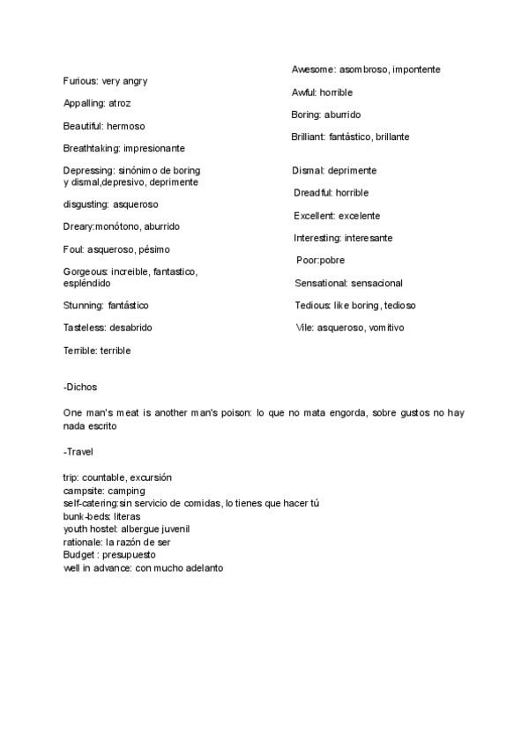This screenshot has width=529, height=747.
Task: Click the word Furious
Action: click(x=80, y=81)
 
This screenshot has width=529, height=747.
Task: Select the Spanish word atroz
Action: click(x=120, y=103)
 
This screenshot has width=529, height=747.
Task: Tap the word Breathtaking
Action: click(x=92, y=148)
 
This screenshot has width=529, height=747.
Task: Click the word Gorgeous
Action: click(x=86, y=272)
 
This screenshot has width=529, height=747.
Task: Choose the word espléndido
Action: click(x=87, y=284)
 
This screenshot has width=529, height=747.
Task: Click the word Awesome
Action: click(x=313, y=69)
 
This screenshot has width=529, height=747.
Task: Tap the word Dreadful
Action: click(x=314, y=193)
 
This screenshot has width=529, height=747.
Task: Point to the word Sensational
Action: click(x=321, y=283)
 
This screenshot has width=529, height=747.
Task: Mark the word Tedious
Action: click(x=313, y=306)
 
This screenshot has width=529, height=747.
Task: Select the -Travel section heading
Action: click(x=78, y=452)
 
